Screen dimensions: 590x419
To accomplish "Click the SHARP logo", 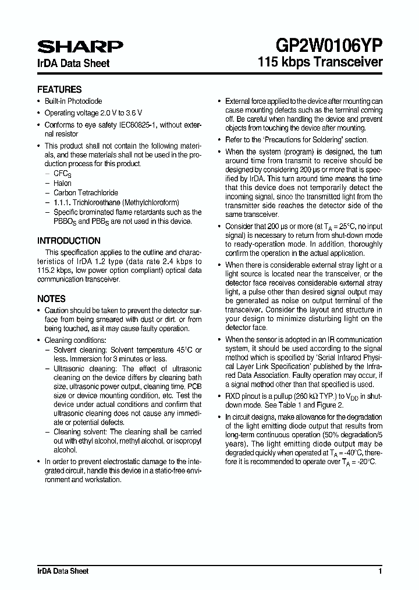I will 80,47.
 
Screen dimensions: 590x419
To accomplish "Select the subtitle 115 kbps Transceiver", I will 320,62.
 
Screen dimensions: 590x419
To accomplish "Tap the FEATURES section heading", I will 59,90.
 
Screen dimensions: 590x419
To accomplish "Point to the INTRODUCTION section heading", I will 69,240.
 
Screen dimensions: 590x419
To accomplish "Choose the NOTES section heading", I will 51,298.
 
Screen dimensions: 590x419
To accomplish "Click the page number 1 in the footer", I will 380,571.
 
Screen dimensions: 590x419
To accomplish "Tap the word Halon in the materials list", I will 62,183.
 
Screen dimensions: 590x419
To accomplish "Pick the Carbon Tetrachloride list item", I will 86,192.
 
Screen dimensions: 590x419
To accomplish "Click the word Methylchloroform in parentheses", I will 153,202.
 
